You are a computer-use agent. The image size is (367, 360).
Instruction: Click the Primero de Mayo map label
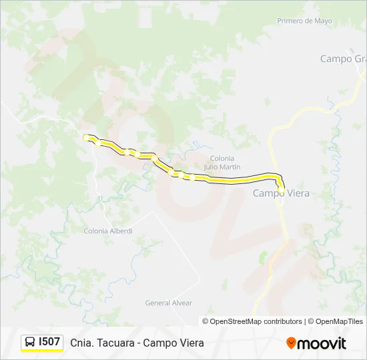[x=304, y=21]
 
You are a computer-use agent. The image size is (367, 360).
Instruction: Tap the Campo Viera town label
[x=281, y=193]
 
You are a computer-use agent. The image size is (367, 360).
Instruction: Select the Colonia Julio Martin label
[x=222, y=163]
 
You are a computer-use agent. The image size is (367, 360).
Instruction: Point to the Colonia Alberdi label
[x=108, y=231]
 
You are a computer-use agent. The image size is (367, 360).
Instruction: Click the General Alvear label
[x=169, y=303]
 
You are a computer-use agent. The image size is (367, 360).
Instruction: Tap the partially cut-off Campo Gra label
[x=343, y=59]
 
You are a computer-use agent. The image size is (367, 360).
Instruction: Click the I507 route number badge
[x=49, y=342]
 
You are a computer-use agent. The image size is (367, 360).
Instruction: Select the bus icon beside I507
[x=30, y=342]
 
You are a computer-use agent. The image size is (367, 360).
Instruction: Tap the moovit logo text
[x=322, y=343]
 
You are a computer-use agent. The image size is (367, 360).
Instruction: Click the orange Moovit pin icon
[x=291, y=343]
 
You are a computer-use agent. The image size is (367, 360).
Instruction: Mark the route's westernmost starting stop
[x=85, y=137]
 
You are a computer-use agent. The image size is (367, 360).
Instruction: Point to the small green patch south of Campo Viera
[x=263, y=257]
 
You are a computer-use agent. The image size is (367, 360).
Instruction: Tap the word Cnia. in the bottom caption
[x=81, y=343]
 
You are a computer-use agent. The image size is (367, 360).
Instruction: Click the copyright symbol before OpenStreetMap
[x=206, y=321]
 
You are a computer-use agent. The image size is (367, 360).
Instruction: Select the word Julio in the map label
[x=213, y=167]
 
